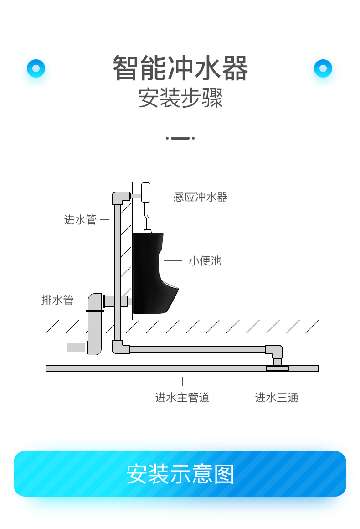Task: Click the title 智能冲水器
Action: tap(180, 68)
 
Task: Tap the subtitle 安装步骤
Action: tap(180, 98)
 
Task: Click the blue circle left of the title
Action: tap(36, 68)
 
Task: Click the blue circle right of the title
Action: tap(323, 68)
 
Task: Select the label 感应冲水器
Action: tap(200, 197)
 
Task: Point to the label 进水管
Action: tap(80, 220)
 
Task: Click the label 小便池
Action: tap(205, 261)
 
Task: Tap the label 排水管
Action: tap(57, 300)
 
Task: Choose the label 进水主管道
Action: tap(182, 398)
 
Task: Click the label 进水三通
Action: tap(277, 398)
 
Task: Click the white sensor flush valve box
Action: tap(146, 192)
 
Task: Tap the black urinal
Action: tap(150, 274)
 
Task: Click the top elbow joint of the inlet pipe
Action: tap(120, 197)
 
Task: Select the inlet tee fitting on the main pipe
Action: tap(277, 368)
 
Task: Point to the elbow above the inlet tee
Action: tap(275, 351)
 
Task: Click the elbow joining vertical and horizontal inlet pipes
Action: tap(119, 347)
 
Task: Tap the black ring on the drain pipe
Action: tap(94, 311)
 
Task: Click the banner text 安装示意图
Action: tap(180, 474)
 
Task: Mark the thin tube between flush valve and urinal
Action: tap(146, 217)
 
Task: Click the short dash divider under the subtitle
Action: tap(180, 138)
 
